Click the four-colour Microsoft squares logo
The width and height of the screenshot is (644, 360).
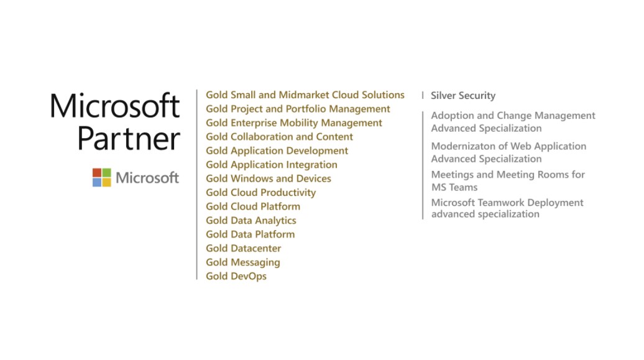coord(101,178)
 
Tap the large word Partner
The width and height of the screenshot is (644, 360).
coord(129,139)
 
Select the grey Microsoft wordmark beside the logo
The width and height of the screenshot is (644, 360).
coord(147,178)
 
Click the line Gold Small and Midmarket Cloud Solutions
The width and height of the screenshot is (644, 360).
coord(305,95)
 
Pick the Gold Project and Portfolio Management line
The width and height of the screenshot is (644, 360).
coord(298,109)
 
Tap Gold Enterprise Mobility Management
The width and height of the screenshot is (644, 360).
coord(294,123)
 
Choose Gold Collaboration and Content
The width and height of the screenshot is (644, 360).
coord(279,137)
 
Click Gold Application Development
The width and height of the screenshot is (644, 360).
coord(277,151)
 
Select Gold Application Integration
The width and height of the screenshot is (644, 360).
coord(272,165)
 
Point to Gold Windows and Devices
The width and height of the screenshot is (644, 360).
coord(268,178)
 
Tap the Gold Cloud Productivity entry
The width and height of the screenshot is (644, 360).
coord(261,192)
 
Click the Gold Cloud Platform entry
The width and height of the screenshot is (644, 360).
coord(253,206)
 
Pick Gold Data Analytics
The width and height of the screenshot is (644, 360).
coord(251,221)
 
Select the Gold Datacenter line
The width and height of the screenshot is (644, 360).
coord(244,248)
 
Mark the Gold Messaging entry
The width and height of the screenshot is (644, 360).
coord(242,262)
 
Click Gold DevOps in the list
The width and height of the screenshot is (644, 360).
coord(236,276)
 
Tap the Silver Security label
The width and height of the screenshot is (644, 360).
coord(463,96)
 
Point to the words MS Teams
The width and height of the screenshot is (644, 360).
coord(454,187)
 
